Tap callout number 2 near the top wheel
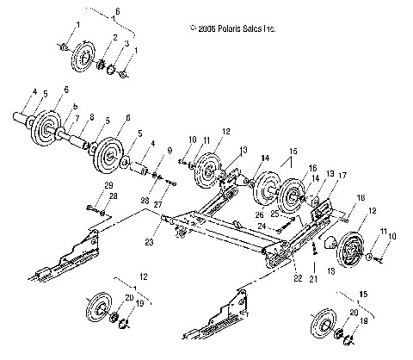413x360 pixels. (x=115, y=38)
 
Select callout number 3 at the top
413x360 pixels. (x=127, y=43)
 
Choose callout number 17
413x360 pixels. (x=342, y=176)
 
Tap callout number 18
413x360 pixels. (x=361, y=197)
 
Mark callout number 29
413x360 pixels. (x=108, y=186)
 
